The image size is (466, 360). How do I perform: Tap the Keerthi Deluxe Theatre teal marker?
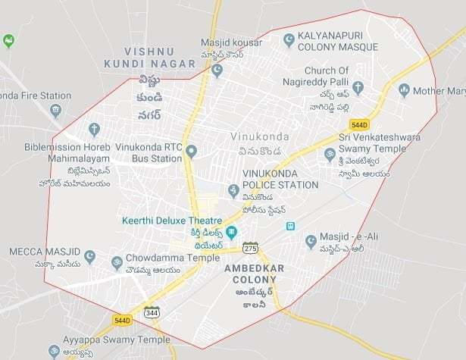[233, 231]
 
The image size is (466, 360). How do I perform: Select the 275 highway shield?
[249, 248]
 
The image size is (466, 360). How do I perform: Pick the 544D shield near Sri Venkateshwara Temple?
[358, 123]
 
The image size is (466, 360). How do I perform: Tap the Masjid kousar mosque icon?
[217, 70]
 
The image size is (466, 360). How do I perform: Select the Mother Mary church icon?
[404, 90]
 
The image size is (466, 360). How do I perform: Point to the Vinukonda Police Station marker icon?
[233, 189]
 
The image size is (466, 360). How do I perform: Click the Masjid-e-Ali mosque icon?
[310, 241]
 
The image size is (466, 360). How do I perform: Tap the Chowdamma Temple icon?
[116, 263]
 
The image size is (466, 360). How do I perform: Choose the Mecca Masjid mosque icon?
[90, 257]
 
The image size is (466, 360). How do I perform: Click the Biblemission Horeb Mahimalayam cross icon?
[93, 130]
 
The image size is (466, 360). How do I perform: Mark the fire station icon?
[55, 111]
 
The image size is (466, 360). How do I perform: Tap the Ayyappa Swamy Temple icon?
[54, 350]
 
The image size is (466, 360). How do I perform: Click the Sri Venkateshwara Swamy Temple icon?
[329, 155]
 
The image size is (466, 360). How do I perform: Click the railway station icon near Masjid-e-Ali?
[289, 226]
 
